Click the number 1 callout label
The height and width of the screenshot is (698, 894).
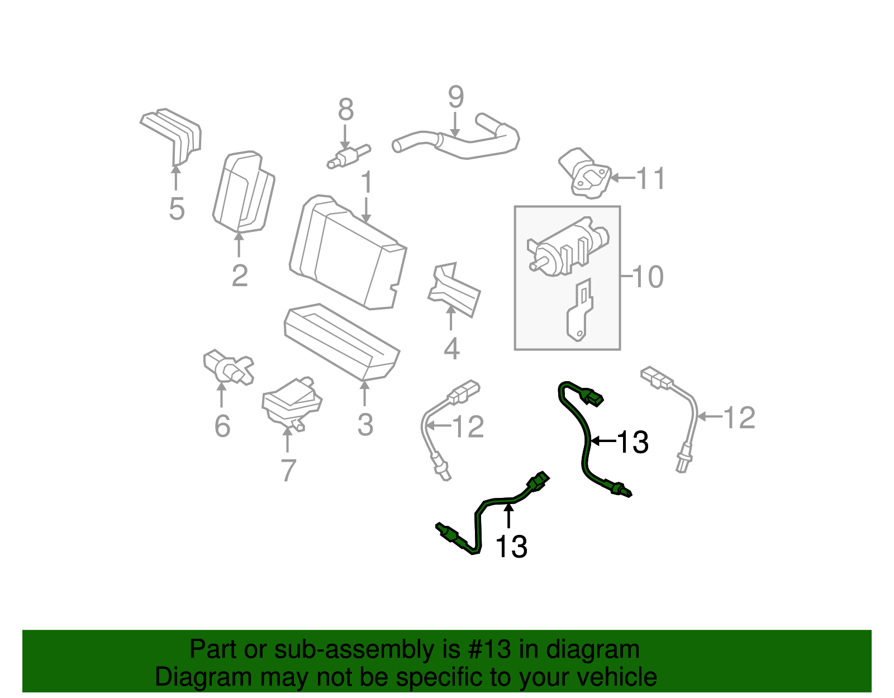click(367, 182)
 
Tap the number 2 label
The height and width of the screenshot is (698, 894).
click(239, 276)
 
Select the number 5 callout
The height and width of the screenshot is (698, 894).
click(177, 209)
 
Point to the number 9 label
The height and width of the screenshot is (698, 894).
click(455, 97)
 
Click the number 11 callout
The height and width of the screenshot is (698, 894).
click(650, 179)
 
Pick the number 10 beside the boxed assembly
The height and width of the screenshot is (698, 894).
click(648, 277)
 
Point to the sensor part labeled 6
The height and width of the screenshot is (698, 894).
click(228, 367)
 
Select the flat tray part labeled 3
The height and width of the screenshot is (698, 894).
click(341, 341)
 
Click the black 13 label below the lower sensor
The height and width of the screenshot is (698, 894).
click(511, 547)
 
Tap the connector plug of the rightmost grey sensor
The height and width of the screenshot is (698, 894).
click(657, 378)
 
